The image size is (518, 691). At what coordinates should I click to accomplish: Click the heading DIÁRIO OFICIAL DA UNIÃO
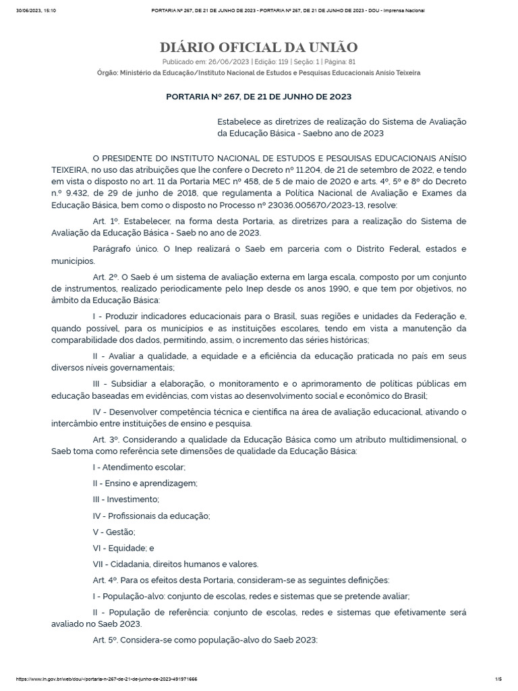click(258, 47)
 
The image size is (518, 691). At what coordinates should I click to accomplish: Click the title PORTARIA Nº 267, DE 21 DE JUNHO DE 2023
click(258, 96)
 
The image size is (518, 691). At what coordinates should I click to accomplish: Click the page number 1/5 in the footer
click(498, 678)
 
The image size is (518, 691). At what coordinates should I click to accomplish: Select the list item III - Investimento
click(125, 499)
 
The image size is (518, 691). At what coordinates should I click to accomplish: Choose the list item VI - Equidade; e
click(123, 548)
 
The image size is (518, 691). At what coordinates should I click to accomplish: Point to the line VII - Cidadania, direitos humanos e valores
click(175, 564)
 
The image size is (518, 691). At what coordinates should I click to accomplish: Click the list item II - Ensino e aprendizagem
click(144, 483)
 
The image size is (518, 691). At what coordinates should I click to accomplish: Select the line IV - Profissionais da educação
click(151, 516)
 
